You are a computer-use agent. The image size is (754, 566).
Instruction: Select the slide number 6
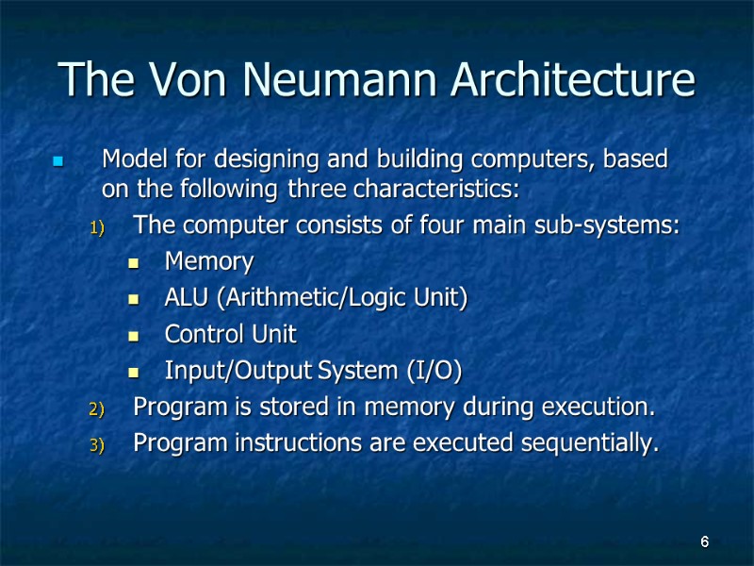(x=704, y=542)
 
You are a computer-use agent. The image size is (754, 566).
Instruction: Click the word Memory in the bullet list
(x=209, y=260)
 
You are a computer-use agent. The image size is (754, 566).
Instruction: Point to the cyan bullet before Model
(x=58, y=161)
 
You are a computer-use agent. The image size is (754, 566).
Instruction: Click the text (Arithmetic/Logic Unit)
(x=345, y=298)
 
